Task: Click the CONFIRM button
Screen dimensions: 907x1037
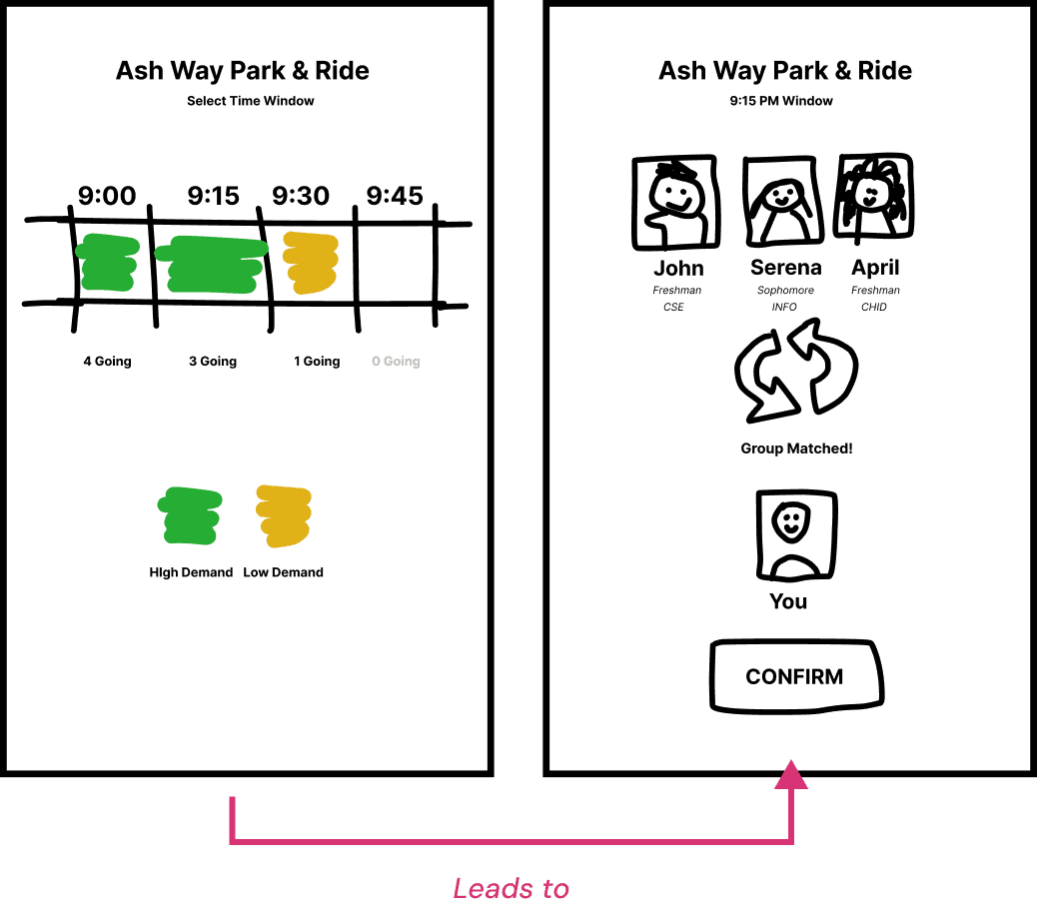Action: [795, 677]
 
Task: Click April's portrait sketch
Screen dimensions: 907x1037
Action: [873, 200]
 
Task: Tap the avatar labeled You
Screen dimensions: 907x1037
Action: [795, 535]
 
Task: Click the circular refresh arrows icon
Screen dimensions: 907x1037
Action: [796, 369]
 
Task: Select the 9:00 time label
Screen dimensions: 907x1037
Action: [107, 196]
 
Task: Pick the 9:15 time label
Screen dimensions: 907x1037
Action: [213, 196]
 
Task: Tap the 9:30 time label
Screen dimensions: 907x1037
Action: [301, 196]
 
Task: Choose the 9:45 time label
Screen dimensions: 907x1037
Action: [395, 196]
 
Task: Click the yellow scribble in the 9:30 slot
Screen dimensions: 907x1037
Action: [310, 262]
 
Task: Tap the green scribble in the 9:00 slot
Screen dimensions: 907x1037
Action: [107, 262]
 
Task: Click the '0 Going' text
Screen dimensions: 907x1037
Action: [396, 362]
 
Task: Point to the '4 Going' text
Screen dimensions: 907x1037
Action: [107, 362]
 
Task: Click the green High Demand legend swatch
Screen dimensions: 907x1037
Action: [190, 514]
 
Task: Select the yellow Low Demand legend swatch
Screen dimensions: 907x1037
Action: [284, 514]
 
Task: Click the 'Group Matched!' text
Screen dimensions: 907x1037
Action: [796, 449]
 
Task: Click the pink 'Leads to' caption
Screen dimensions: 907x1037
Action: [512, 888]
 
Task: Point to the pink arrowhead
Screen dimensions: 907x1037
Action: [791, 774]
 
